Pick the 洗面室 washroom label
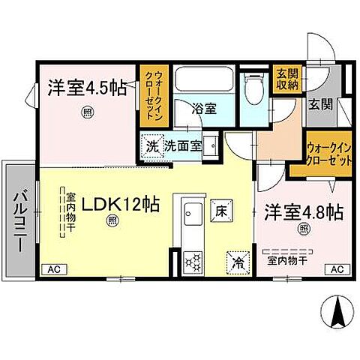[x=184, y=145]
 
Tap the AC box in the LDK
[x=53, y=269]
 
